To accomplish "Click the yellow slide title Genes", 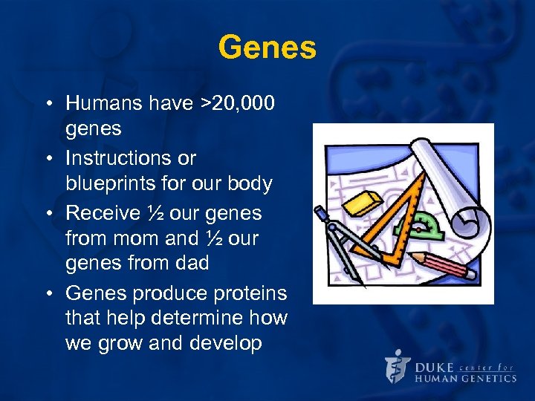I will coord(267,48).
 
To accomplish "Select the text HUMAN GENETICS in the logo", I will coord(464,378).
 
